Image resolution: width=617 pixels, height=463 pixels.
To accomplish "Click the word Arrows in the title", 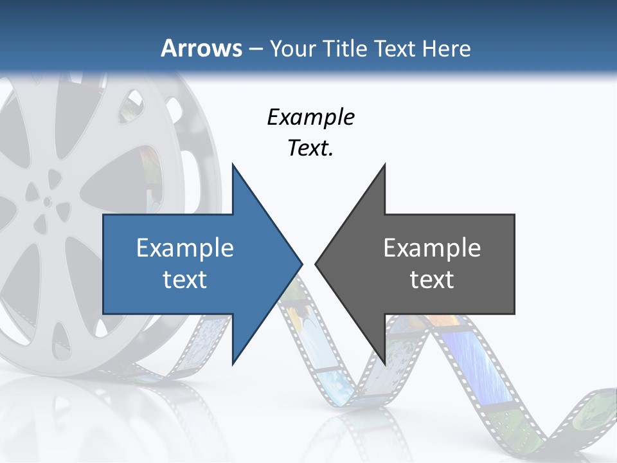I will coord(202,48).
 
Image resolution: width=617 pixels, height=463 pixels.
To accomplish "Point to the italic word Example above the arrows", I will coord(311,117).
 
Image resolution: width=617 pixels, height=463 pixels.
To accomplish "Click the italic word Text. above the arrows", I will coord(311,148).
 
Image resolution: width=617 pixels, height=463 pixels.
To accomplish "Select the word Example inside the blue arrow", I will coord(185,248).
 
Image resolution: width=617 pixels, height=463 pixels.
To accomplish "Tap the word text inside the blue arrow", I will coord(185,279).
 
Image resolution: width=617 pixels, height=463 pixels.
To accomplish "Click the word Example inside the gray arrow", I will coord(432,248).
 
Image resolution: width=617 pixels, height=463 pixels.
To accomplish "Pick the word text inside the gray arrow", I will coord(432,279).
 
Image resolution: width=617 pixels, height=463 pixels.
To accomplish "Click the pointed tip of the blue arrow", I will coord(301,264).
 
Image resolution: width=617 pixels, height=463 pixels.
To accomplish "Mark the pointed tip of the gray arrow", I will coord(316,264).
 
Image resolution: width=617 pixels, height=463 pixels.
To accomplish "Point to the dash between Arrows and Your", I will coord(255,49).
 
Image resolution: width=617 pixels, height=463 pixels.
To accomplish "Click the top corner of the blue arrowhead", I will coord(233,165).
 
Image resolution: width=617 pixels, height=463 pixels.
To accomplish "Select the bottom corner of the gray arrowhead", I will coord(384,364).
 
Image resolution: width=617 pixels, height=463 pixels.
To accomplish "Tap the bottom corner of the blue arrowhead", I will coord(233,364).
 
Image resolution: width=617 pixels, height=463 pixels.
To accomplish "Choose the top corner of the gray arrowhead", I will coord(384,165).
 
